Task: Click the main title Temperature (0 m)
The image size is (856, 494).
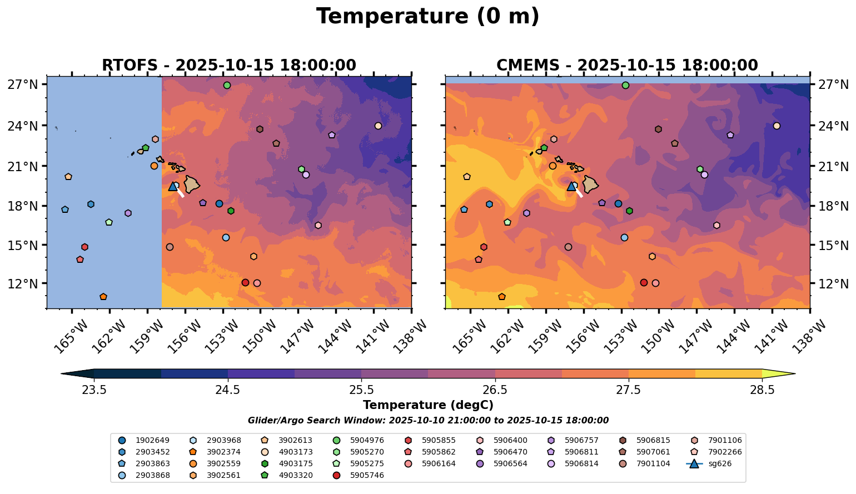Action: click(x=427, y=17)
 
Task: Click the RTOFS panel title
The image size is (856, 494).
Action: click(x=228, y=66)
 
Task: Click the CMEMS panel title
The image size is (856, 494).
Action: click(x=627, y=66)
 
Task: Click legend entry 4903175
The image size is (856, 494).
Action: click(x=295, y=452)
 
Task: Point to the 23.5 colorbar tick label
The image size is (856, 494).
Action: click(x=94, y=390)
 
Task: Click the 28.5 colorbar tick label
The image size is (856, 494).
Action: click(x=762, y=390)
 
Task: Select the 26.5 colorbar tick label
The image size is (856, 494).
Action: click(x=495, y=390)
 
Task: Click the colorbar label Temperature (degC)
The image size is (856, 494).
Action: click(x=428, y=405)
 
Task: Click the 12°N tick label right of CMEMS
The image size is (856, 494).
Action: click(x=832, y=284)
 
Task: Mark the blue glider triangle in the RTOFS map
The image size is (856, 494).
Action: click(x=173, y=187)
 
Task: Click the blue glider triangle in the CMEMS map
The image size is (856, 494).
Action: click(x=571, y=187)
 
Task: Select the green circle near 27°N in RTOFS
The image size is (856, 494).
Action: click(x=227, y=85)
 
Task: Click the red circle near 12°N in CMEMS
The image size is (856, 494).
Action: click(x=644, y=282)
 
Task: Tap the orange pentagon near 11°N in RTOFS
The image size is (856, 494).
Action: click(x=103, y=297)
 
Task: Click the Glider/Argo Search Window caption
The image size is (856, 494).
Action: click(x=428, y=421)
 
